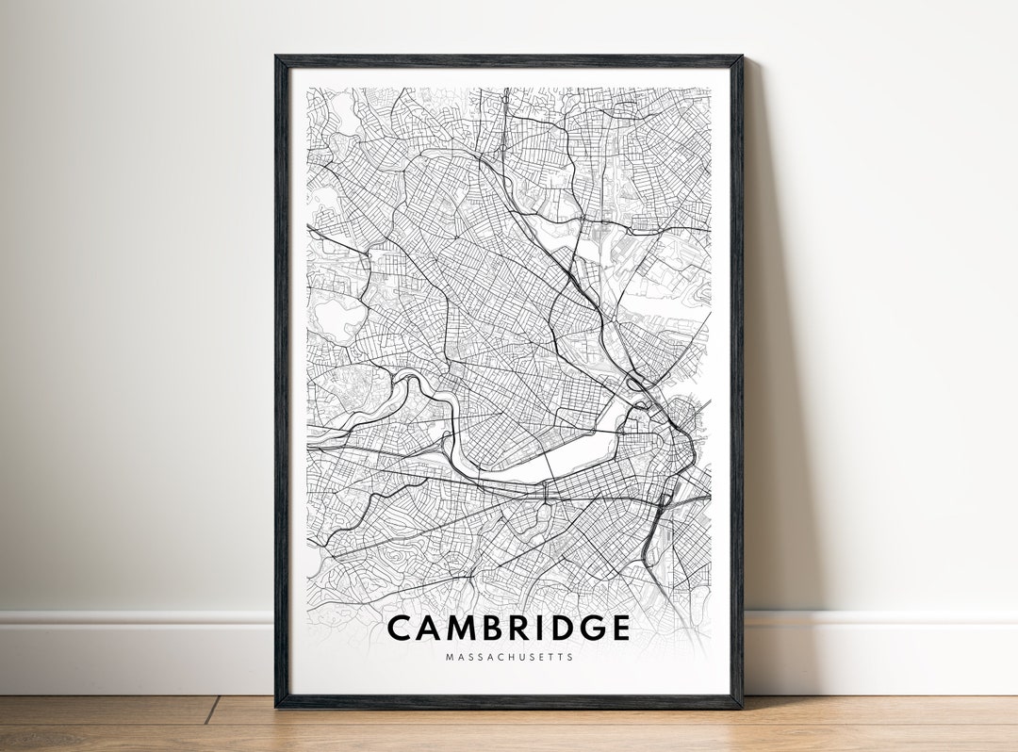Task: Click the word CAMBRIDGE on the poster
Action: click(508, 629)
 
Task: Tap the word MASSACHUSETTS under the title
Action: click(508, 657)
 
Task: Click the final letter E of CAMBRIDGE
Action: click(618, 629)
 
